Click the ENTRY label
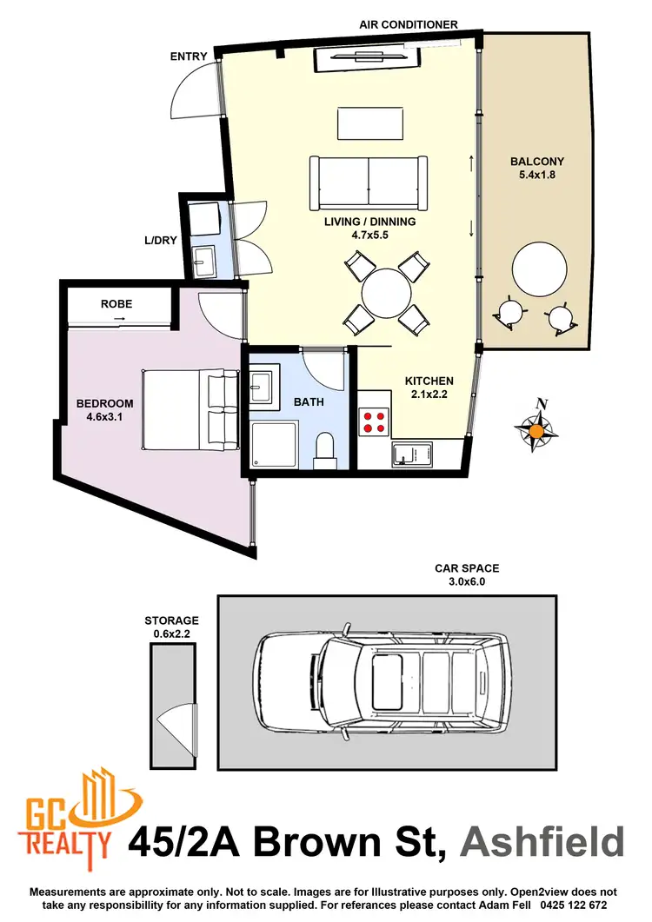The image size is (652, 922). [190, 56]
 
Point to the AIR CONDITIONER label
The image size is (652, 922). [409, 24]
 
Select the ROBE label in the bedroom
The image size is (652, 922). [116, 305]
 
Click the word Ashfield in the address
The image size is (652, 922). [542, 842]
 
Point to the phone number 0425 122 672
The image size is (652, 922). [563, 905]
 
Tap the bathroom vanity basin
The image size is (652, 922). [263, 385]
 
